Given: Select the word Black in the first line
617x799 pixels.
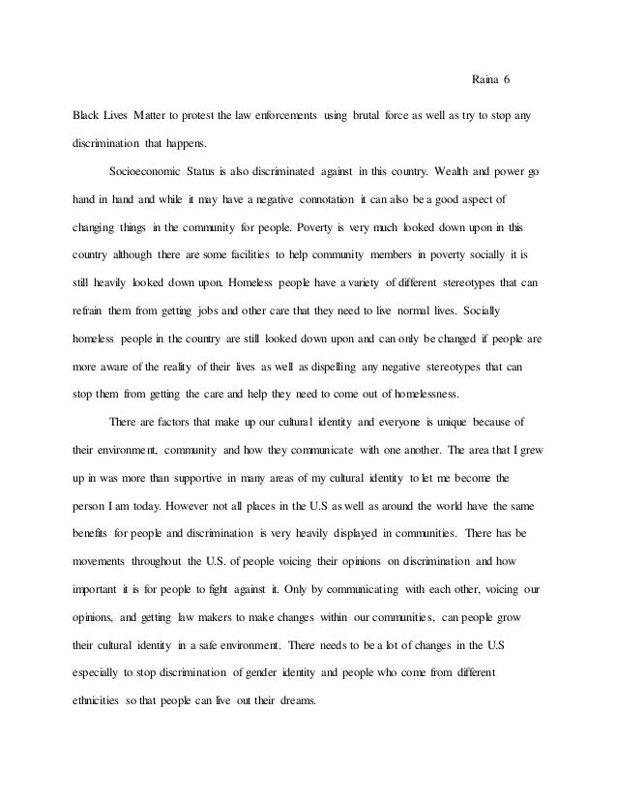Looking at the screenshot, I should [x=89, y=116].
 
